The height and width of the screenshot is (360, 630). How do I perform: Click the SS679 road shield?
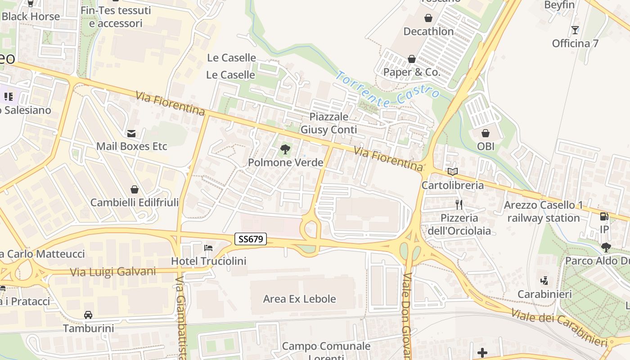(251, 239)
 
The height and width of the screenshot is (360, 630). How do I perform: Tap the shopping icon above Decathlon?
(428, 18)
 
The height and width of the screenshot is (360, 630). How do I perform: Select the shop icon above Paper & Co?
(411, 59)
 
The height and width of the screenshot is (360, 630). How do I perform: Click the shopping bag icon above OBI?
(486, 133)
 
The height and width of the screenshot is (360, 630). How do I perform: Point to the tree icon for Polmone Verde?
(285, 149)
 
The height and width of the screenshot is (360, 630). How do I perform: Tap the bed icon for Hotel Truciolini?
(208, 247)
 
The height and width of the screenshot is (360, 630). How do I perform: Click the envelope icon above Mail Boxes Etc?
(131, 133)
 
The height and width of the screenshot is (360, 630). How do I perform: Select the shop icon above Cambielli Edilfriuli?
(134, 189)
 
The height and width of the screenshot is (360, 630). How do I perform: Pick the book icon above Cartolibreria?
(452, 171)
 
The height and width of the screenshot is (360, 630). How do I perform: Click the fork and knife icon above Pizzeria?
(459, 205)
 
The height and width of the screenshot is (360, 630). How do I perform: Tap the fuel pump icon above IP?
(604, 216)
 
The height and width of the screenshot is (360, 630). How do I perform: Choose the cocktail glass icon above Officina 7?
(575, 30)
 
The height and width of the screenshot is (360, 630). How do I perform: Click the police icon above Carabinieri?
(544, 281)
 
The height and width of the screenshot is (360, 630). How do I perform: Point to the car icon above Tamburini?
(88, 315)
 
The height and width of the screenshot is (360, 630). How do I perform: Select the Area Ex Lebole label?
(299, 299)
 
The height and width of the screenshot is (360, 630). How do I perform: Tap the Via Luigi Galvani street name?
(113, 272)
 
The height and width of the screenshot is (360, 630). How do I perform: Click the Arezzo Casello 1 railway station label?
(543, 211)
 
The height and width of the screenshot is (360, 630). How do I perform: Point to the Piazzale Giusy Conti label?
(328, 123)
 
